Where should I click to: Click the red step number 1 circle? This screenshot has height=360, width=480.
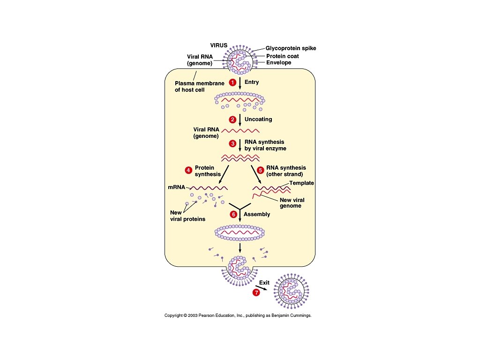(x=232, y=82)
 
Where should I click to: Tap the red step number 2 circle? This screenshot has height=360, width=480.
(x=232, y=119)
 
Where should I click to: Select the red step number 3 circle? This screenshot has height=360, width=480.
(x=232, y=143)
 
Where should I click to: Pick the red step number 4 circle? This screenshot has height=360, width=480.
(x=188, y=170)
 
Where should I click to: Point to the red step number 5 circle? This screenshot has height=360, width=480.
(x=260, y=170)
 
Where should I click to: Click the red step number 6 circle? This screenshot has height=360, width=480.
(x=232, y=214)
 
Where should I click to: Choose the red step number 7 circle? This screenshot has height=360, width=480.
(x=256, y=292)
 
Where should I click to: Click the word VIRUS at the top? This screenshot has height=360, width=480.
(x=218, y=45)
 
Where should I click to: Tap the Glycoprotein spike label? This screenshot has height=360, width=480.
(x=291, y=48)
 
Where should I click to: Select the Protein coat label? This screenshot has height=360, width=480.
(x=283, y=56)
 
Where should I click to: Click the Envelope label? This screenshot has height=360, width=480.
(x=279, y=63)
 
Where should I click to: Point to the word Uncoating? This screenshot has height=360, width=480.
(x=258, y=119)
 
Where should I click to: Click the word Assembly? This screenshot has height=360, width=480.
(x=257, y=214)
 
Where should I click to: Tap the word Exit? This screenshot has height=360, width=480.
(x=265, y=282)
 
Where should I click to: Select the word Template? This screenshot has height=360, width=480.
(x=301, y=183)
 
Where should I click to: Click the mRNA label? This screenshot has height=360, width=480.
(x=177, y=187)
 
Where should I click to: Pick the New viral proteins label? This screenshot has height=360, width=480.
(x=187, y=216)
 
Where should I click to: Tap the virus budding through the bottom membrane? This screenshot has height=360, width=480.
(x=240, y=269)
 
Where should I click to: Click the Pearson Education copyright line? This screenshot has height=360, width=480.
(x=238, y=315)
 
